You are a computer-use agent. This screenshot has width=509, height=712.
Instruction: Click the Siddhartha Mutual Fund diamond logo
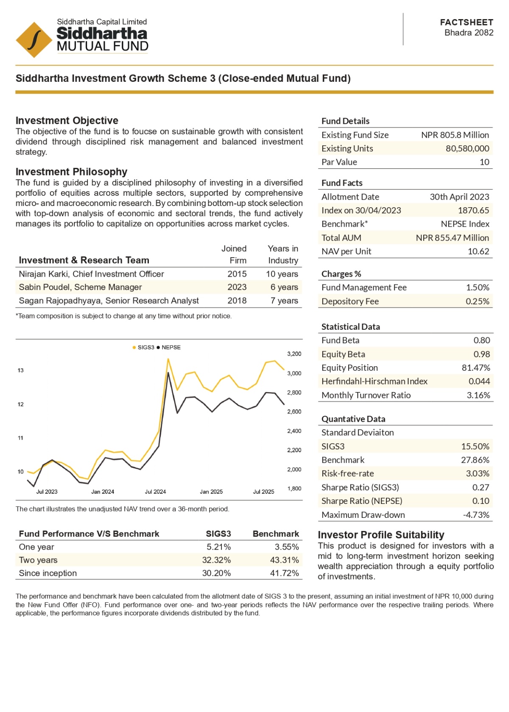pyautogui.click(x=34, y=40)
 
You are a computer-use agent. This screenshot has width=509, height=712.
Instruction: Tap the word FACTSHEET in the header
pyautogui.click(x=466, y=22)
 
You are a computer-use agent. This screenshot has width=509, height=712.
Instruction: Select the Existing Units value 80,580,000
pyautogui.click(x=467, y=148)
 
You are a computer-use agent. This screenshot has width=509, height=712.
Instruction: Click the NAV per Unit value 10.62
pyautogui.click(x=478, y=251)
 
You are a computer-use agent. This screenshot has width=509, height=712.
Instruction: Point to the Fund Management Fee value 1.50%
pyautogui.click(x=477, y=287)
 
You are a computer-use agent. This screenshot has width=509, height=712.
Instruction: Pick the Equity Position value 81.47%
pyautogui.click(x=475, y=368)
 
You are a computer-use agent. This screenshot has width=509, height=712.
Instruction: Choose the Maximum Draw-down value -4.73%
pyautogui.click(x=476, y=515)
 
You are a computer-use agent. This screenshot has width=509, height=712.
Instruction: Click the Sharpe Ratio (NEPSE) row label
pyautogui.click(x=361, y=501)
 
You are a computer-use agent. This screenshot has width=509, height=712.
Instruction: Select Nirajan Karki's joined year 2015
pyautogui.click(x=237, y=274)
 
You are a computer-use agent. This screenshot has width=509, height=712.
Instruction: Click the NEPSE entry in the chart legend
pyautogui.click(x=171, y=348)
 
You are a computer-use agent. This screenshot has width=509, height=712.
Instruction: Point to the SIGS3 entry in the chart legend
pyautogui.click(x=145, y=348)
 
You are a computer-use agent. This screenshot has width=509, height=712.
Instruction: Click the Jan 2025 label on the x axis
pyautogui.click(x=211, y=492)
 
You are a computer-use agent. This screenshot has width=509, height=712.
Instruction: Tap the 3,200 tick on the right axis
pyautogui.click(x=294, y=354)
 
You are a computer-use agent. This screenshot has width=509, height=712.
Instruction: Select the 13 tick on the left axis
pyautogui.click(x=20, y=370)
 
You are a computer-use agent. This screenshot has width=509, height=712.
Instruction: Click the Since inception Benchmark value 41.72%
pyautogui.click(x=284, y=573)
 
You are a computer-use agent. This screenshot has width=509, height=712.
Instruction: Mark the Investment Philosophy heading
pyautogui.click(x=71, y=172)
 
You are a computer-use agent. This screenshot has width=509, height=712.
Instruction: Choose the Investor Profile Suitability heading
pyautogui.click(x=381, y=535)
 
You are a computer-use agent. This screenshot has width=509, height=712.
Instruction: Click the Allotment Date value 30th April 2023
pyautogui.click(x=459, y=197)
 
